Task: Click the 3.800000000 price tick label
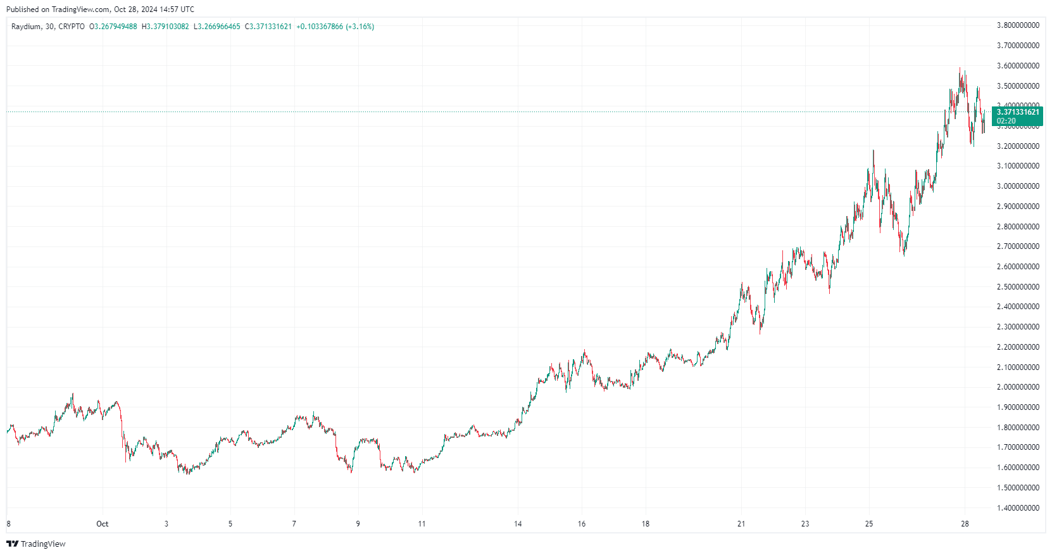click(1018, 25)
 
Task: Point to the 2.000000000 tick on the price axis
click(1018, 387)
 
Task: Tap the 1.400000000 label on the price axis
click(1018, 508)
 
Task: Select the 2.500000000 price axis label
click(1018, 287)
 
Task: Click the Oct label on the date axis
click(102, 524)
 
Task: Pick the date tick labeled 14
click(518, 524)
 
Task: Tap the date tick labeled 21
click(741, 524)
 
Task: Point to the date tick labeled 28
click(965, 524)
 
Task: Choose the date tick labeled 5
click(230, 524)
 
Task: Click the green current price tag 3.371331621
click(1018, 112)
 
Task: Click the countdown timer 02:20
click(1006, 121)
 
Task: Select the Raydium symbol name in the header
click(26, 27)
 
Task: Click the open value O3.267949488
click(113, 27)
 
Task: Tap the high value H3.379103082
click(165, 27)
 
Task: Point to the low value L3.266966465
click(217, 27)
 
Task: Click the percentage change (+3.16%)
click(360, 27)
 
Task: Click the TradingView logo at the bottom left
click(36, 544)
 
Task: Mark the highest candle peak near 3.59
click(960, 68)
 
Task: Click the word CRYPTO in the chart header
click(72, 27)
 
